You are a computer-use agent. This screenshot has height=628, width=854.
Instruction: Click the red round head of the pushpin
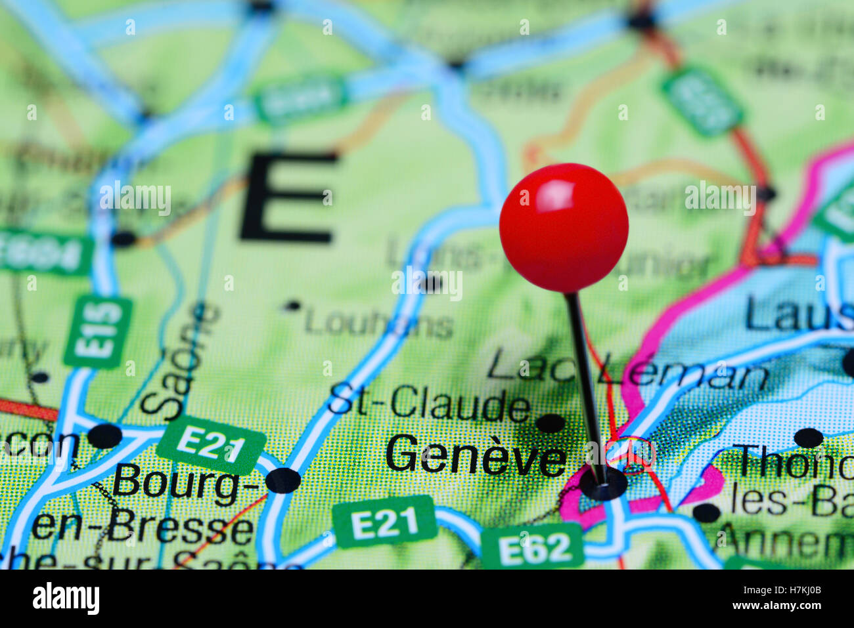pyautogui.click(x=564, y=227)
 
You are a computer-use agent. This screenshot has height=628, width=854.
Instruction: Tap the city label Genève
pyautogui.click(x=476, y=455)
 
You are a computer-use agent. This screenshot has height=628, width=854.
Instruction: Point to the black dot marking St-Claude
pyautogui.click(x=551, y=423)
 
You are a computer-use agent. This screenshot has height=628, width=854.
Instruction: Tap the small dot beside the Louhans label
pyautogui.click(x=293, y=306)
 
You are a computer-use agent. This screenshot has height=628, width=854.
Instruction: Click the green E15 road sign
pyautogui.click(x=98, y=332)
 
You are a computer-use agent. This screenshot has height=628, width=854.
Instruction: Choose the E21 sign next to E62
pyautogui.click(x=384, y=522)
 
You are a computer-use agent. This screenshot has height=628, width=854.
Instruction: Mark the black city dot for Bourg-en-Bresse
pyautogui.click(x=283, y=480)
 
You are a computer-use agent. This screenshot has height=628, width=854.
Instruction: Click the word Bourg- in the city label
pyautogui.click(x=177, y=485)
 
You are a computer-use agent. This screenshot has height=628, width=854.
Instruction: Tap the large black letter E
pyautogui.click(x=289, y=197)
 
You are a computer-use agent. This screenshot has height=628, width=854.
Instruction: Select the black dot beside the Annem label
pyautogui.click(x=707, y=513)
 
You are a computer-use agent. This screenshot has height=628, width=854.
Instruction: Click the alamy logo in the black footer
pyautogui.click(x=66, y=598)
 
